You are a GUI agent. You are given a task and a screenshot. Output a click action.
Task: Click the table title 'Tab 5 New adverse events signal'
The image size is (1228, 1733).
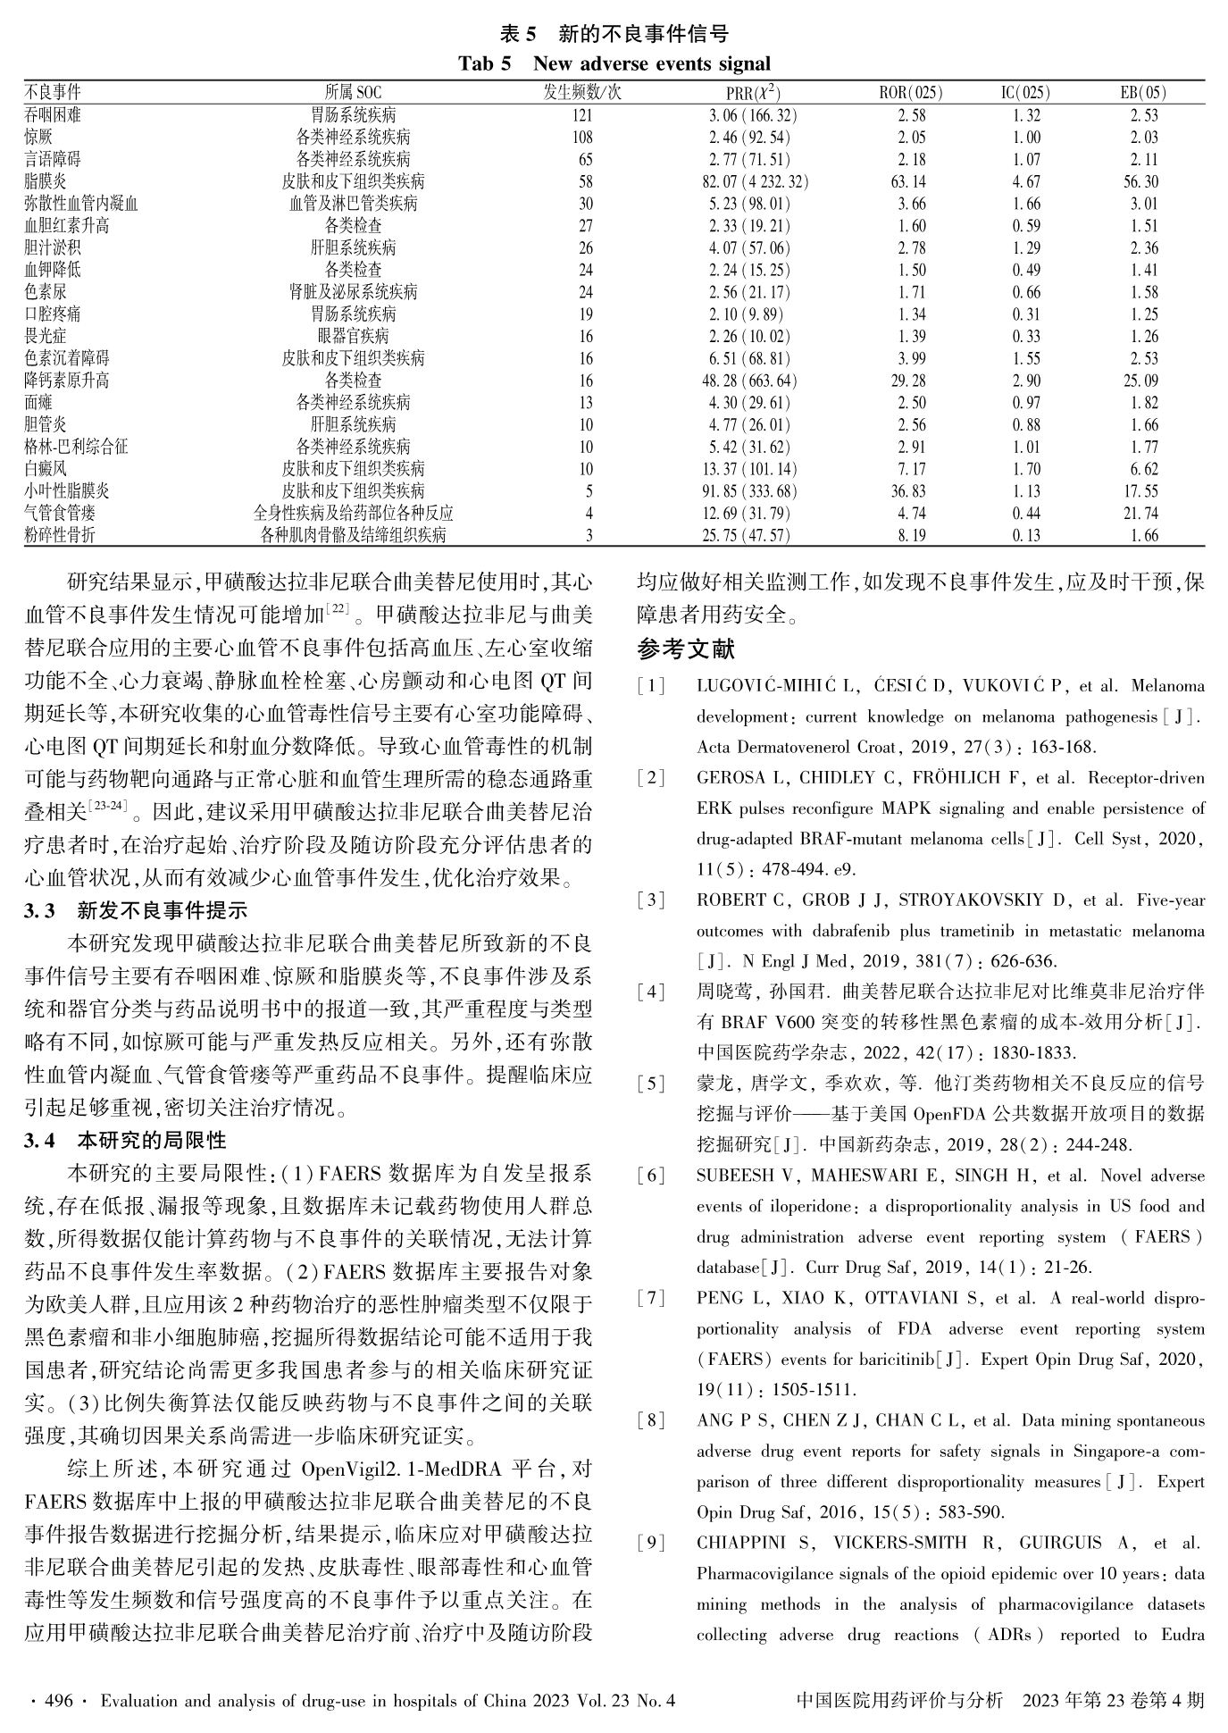pos(614,64)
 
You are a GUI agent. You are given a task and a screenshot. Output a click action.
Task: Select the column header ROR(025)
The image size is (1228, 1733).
pos(911,93)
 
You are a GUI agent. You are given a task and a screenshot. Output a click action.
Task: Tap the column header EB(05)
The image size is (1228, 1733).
pos(1143,93)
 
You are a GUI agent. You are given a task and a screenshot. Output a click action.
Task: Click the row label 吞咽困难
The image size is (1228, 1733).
pos(53,115)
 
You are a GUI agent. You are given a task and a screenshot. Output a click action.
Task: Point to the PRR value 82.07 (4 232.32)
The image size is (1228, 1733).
pos(757,181)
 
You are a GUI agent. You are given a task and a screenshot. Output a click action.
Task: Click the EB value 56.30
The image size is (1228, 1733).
pos(1143,181)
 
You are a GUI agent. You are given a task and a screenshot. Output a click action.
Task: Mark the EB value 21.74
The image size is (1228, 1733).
pos(1143,513)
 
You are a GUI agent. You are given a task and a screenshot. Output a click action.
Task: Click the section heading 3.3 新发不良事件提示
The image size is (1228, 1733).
pos(136,911)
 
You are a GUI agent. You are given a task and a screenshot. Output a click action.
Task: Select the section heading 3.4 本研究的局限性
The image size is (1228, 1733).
pos(125,1141)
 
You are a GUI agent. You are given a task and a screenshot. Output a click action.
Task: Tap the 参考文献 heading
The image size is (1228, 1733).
pos(686,649)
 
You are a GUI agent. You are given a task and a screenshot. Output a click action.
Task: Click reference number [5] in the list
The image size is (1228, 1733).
pos(651,1084)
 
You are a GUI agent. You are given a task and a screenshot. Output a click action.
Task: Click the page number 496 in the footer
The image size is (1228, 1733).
pos(58,1701)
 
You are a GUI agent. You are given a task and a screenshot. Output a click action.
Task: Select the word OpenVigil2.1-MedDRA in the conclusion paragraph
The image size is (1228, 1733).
pos(405,1469)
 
